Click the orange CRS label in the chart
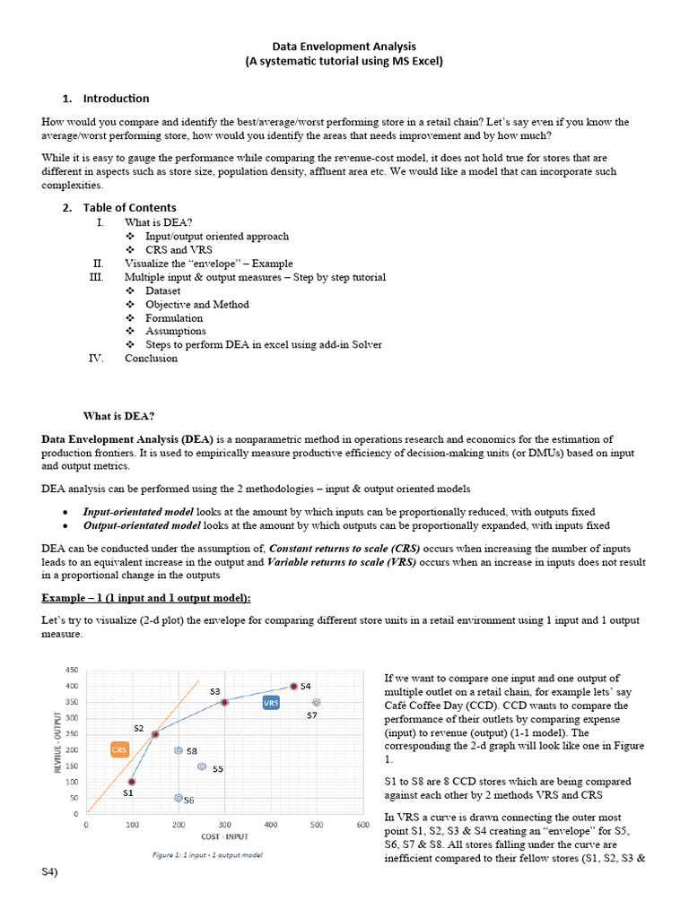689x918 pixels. point(119,749)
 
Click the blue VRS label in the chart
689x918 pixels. point(271,704)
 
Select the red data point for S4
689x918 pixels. point(293,686)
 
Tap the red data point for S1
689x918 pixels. point(132,782)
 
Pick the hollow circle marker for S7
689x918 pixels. point(316,703)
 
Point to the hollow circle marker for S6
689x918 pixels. point(178,797)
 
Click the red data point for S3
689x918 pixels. point(224,702)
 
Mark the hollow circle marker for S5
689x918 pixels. point(202,766)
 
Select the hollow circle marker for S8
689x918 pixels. point(179,750)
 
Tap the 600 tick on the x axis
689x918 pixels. point(362,825)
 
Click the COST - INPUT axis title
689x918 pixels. point(225,836)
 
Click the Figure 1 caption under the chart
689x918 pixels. point(206,854)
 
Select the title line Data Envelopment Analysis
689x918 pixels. point(344,46)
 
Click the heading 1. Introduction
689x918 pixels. point(116,99)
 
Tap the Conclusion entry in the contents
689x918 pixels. point(151,359)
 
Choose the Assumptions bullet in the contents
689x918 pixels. point(175,331)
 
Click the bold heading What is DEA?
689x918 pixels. point(118,416)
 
